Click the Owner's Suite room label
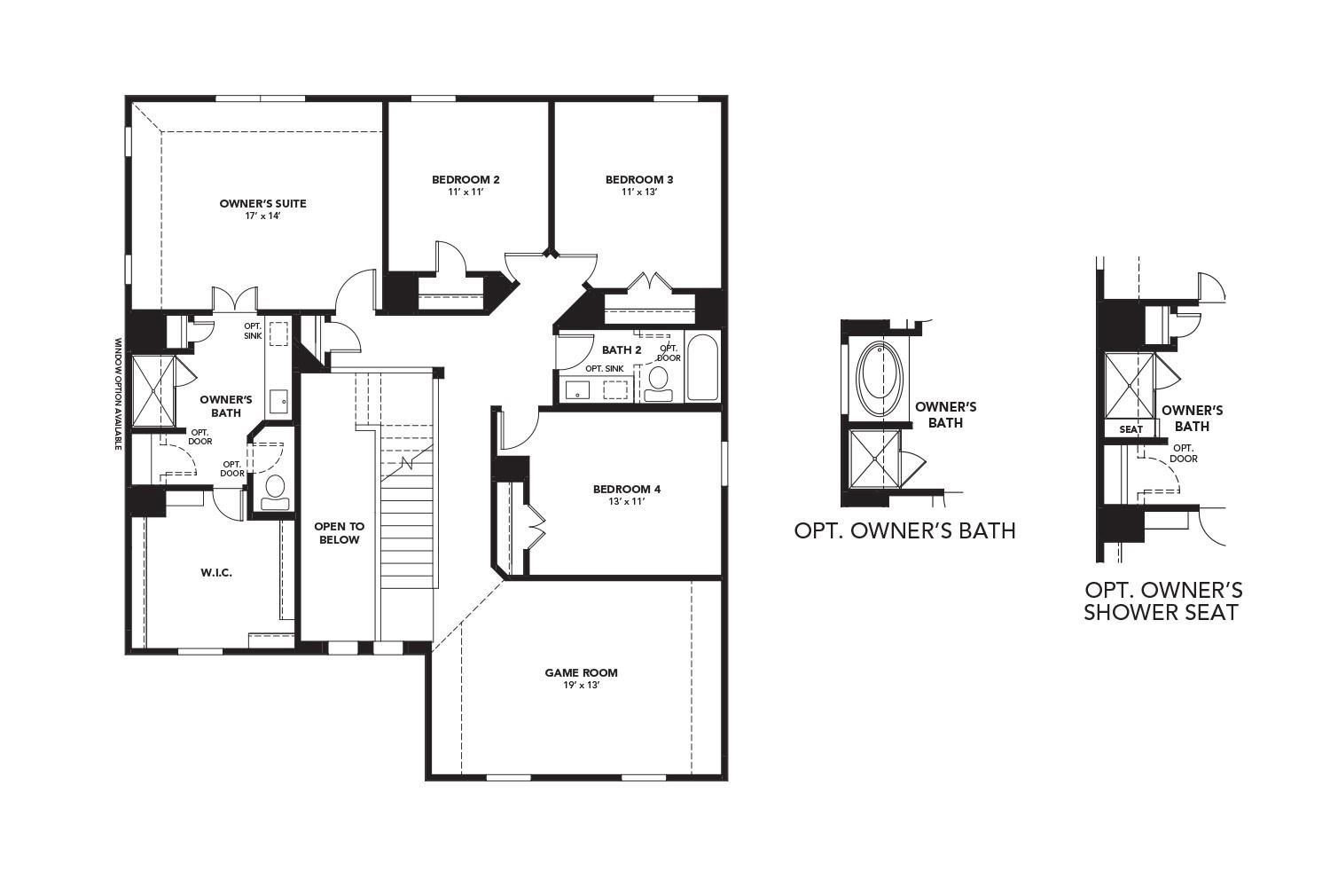click(x=262, y=204)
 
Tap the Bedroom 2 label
click(x=465, y=180)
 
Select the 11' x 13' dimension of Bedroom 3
click(x=638, y=192)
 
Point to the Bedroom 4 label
click(x=626, y=489)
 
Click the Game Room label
click(x=581, y=672)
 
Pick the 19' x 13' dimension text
click(x=581, y=685)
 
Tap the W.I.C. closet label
click(x=216, y=573)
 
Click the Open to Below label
click(x=339, y=533)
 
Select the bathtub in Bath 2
click(x=703, y=367)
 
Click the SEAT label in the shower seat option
click(x=1130, y=429)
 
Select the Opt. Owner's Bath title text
click(x=904, y=531)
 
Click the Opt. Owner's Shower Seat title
click(x=1162, y=601)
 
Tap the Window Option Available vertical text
click(x=117, y=393)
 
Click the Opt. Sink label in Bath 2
click(x=604, y=368)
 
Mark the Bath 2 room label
click(x=621, y=350)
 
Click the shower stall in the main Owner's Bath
click(x=153, y=390)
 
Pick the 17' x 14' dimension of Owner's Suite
click(x=262, y=216)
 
